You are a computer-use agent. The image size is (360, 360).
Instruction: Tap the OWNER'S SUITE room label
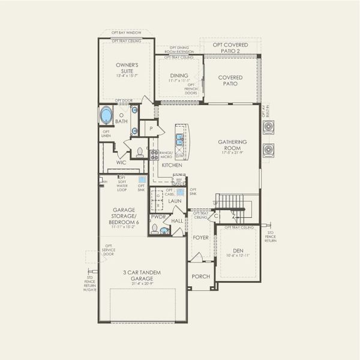pyautogui.click(x=127, y=68)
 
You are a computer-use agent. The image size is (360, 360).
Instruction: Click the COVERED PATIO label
pyautogui.click(x=230, y=80)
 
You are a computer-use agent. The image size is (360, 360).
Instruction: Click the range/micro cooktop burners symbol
pyautogui.click(x=154, y=155)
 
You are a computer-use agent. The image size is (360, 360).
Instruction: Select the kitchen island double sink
pyautogui.click(x=179, y=141)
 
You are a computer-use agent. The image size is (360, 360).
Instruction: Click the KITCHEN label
pyautogui.click(x=172, y=164)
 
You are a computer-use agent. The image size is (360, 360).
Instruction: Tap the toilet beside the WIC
pyautogui.click(x=140, y=152)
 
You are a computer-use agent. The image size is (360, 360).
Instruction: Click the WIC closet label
pyautogui.click(x=121, y=162)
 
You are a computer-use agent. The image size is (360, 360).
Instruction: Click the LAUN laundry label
pyautogui.click(x=175, y=201)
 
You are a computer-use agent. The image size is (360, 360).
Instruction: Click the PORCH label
pyautogui.click(x=200, y=276)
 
